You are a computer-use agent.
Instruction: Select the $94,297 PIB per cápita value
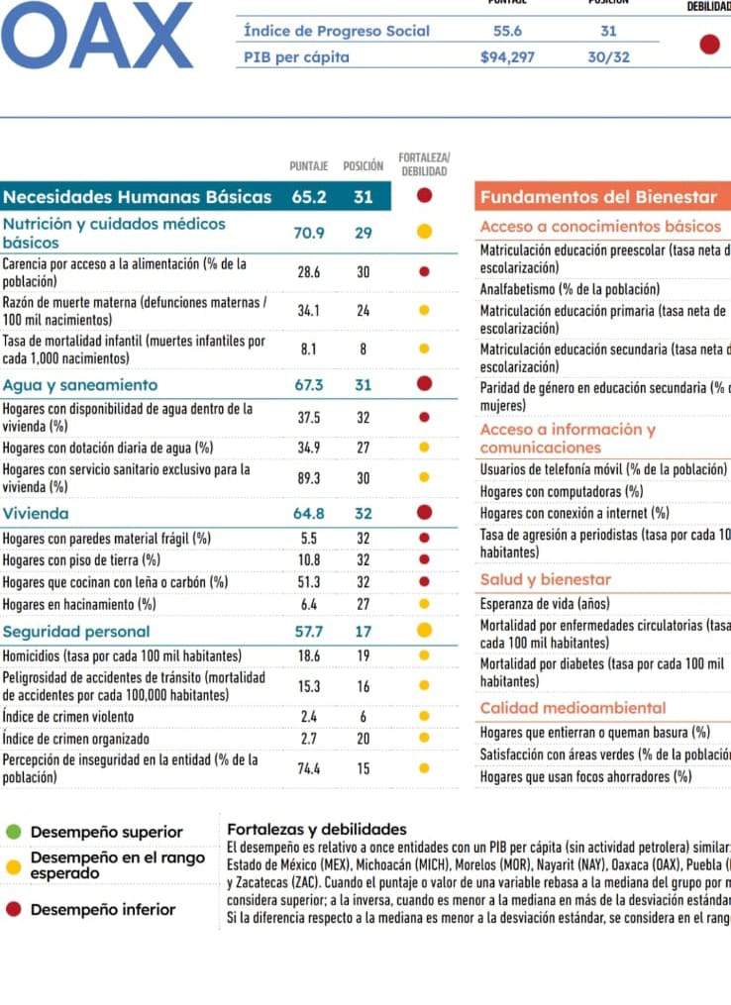pyautogui.click(x=506, y=56)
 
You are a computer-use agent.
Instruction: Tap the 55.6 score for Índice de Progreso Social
pyautogui.click(x=507, y=31)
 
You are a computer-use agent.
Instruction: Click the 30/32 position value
pyautogui.click(x=608, y=56)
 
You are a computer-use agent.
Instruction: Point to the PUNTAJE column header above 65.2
pyautogui.click(x=308, y=166)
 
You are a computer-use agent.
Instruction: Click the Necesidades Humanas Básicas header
pyautogui.click(x=137, y=196)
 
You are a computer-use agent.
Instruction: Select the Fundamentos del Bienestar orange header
pyautogui.click(x=598, y=196)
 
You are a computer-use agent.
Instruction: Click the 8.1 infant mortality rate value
pyautogui.click(x=308, y=349)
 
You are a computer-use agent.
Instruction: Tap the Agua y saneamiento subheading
pyautogui.click(x=80, y=384)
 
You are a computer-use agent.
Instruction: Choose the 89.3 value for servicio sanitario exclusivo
pyautogui.click(x=308, y=477)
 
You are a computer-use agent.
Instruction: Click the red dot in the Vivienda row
pyautogui.click(x=424, y=513)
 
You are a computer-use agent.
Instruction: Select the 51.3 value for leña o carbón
pyautogui.click(x=308, y=582)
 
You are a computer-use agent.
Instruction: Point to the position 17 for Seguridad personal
pyautogui.click(x=364, y=630)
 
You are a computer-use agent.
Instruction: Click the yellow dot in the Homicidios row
pyautogui.click(x=424, y=655)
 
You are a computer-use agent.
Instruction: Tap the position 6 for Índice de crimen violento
pyautogui.click(x=364, y=716)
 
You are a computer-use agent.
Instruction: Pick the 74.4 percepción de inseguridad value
pyautogui.click(x=308, y=767)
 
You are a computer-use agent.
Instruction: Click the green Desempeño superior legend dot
pyautogui.click(x=14, y=832)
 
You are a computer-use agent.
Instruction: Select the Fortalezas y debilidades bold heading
pyautogui.click(x=317, y=829)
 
